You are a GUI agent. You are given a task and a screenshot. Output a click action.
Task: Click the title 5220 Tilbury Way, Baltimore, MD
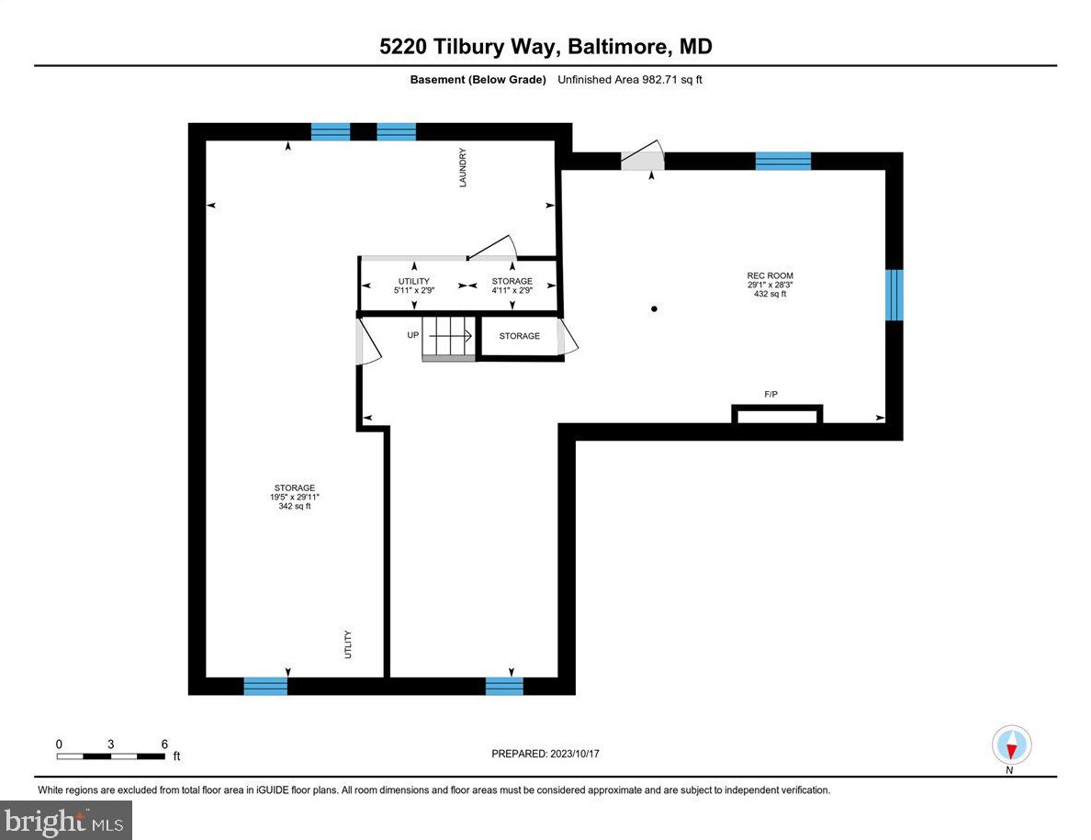point(545,47)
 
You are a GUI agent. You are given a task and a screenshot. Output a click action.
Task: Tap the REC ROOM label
point(770,275)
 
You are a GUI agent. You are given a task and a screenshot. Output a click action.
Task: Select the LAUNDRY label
point(464,168)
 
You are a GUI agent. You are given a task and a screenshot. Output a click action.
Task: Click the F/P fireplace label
point(770,395)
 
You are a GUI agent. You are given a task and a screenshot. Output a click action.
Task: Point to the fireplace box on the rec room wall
point(776,415)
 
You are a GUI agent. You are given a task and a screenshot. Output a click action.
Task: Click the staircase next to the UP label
point(447,338)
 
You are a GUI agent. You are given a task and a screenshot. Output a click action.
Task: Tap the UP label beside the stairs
point(412,335)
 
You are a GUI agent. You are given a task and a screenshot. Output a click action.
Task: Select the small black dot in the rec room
point(654,309)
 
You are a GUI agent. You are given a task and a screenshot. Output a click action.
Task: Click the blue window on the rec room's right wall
point(894,295)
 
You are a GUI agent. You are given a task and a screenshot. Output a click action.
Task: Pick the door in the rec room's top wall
point(642,159)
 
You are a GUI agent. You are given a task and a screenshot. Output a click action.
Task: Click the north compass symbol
point(1011,744)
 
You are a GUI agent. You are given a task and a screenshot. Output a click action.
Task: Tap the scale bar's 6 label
point(163,744)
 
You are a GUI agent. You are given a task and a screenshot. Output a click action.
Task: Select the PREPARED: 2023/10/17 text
point(545,754)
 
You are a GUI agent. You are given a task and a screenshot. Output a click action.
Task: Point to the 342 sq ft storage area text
point(294,506)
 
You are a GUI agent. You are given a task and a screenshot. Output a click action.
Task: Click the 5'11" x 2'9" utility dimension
point(413,290)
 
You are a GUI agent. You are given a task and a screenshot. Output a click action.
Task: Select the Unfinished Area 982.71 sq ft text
point(630,80)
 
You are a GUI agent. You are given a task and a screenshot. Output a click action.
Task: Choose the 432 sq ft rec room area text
point(770,294)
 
